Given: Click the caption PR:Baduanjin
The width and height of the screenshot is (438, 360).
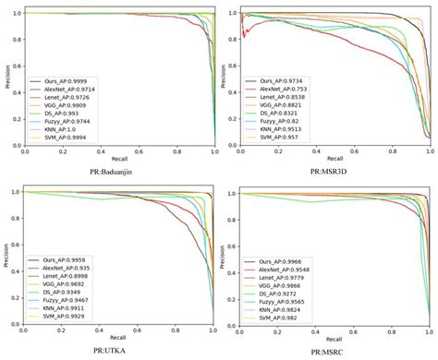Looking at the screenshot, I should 118,169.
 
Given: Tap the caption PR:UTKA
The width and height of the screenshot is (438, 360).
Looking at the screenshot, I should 117,352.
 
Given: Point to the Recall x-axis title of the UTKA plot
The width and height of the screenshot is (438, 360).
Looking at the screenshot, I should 118,339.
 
